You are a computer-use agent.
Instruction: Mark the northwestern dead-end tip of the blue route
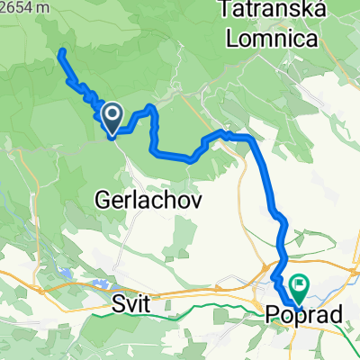pyautogui.click(x=60, y=51)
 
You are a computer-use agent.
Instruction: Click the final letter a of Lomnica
pyautogui.click(x=315, y=40)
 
